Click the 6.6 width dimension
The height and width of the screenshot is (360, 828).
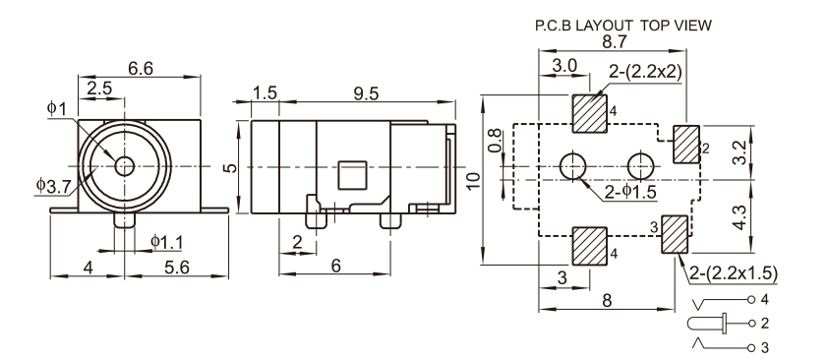coord(140,69)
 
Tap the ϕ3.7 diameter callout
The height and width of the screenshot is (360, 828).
coord(53,185)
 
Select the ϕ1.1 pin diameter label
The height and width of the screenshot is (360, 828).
coord(167,242)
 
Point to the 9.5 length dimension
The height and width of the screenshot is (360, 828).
coord(366,93)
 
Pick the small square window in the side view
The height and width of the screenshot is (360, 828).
coord(352,175)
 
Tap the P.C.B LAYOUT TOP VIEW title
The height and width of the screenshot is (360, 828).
coord(623,26)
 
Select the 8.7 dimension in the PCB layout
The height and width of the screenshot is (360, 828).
coord(615,41)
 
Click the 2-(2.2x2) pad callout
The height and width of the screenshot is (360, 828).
coord(645,72)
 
